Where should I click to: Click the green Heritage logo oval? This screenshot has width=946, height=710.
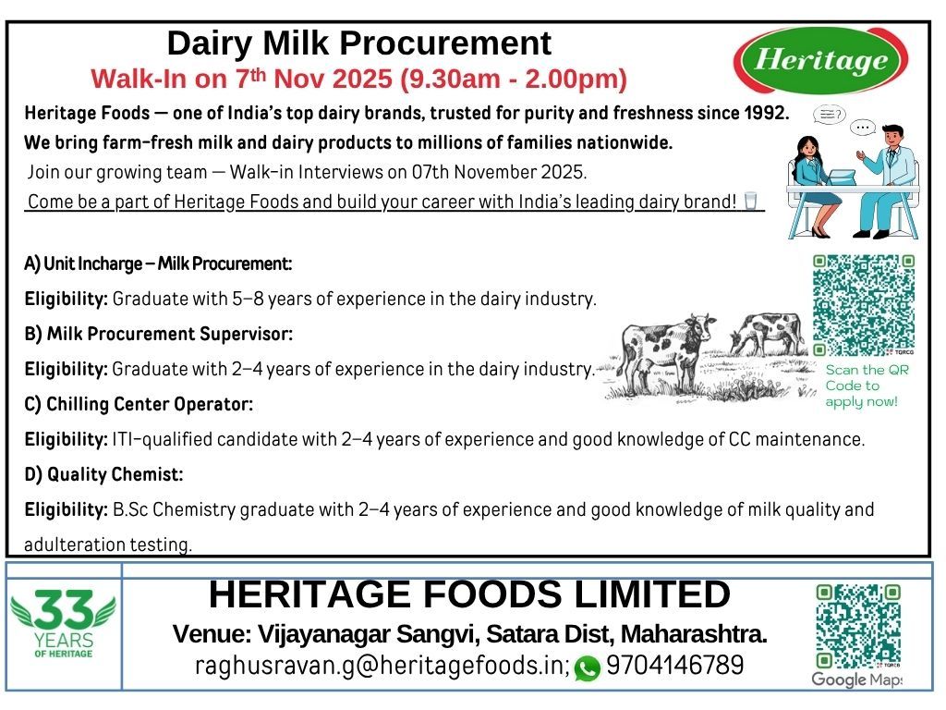click(820, 60)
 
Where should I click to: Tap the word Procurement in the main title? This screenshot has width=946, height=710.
click(445, 43)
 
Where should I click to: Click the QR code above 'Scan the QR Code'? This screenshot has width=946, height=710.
click(864, 305)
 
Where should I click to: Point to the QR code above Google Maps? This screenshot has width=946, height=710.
click(858, 626)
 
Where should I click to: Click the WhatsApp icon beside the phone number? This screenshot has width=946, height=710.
click(587, 667)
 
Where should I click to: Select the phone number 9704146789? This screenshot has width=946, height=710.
click(674, 666)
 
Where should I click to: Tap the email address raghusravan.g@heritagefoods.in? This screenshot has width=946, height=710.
click(382, 666)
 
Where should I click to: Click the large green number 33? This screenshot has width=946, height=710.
click(64, 610)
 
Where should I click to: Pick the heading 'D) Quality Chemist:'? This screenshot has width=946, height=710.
click(103, 474)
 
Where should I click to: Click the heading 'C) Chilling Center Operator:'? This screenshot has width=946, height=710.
click(139, 404)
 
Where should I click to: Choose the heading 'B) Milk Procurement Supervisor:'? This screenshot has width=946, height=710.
click(159, 334)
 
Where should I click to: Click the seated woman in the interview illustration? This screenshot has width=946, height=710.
click(815, 185)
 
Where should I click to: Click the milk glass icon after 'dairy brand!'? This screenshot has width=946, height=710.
click(750, 201)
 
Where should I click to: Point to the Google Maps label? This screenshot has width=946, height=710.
click(856, 679)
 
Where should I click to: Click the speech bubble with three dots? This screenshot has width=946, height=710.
click(863, 128)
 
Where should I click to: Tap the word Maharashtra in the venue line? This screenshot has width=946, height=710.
click(694, 634)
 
